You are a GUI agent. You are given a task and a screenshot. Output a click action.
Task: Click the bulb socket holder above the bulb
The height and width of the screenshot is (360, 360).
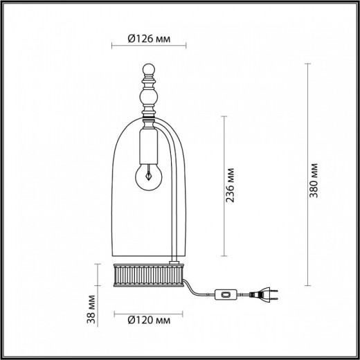[147, 146]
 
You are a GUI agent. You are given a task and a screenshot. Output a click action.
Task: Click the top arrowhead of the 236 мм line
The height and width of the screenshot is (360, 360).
[222, 116]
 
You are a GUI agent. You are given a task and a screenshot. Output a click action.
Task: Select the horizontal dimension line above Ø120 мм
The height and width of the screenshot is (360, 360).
[148, 311]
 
